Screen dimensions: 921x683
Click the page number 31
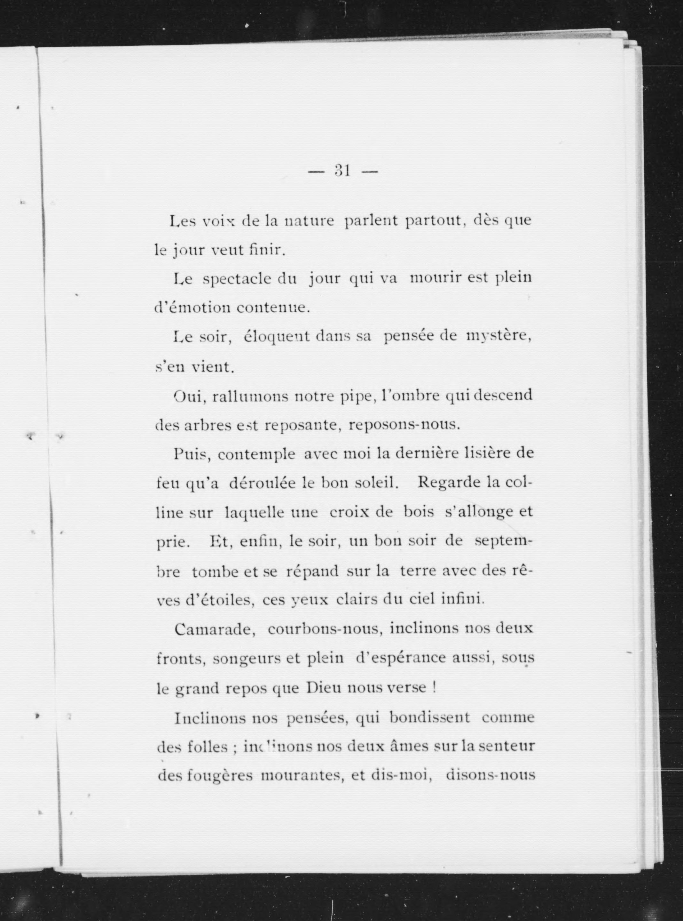click(343, 171)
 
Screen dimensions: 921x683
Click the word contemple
click(256, 454)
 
